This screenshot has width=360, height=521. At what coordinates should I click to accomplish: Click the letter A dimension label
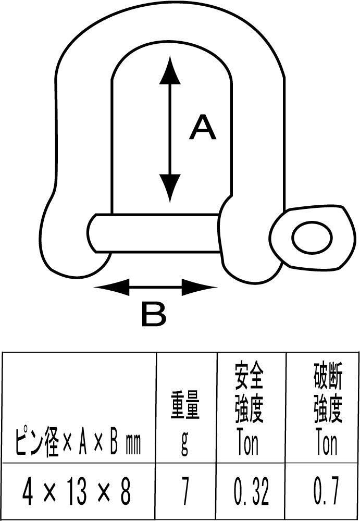pos(202,128)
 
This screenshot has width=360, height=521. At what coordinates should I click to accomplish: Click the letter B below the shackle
pos(153,314)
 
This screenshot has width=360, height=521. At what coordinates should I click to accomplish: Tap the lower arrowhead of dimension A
pos(169,189)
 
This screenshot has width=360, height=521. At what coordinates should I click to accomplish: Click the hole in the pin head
pos(312,238)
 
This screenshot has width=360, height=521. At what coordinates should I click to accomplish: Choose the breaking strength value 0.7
pos(327,491)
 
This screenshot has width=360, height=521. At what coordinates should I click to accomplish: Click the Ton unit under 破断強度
pos(327,442)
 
